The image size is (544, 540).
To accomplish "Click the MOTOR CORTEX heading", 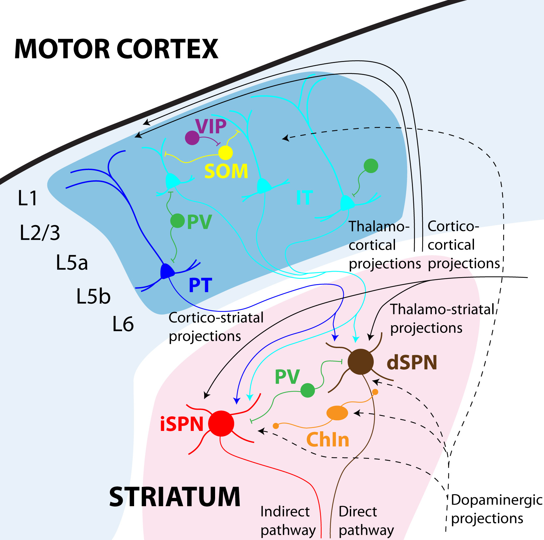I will [116, 49].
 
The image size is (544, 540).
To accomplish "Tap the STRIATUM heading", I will [175, 497].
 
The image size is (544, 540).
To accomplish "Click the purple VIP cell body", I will [192, 138].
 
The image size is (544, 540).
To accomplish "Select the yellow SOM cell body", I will [226, 152].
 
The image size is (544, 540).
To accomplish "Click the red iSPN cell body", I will [221, 423].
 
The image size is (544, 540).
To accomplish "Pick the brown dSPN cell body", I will [360, 362].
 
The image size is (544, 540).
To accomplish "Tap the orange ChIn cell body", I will [337, 413].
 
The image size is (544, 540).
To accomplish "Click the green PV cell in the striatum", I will [308, 390].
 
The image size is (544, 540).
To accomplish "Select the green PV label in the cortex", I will [199, 222].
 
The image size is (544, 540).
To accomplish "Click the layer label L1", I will [28, 198].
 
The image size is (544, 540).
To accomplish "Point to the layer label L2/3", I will [40, 232].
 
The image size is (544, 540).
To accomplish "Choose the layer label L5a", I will [72, 263].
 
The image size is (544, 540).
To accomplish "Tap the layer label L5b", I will [93, 296].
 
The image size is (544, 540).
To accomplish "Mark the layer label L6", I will [123, 324].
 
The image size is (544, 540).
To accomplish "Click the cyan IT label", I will [304, 198].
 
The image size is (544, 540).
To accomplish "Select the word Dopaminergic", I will [497, 500].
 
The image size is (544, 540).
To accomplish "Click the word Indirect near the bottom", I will [285, 511].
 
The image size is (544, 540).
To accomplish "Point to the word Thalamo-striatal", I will [442, 309].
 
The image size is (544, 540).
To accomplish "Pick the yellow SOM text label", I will [226, 171].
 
